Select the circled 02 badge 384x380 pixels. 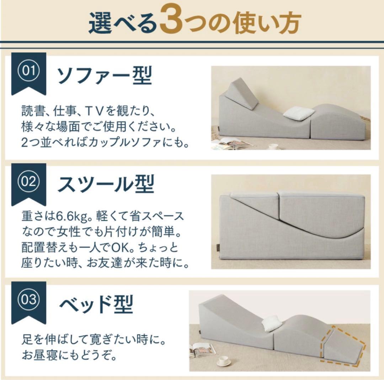pyautogui.click(x=29, y=182)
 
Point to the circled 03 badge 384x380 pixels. pyautogui.click(x=29, y=300)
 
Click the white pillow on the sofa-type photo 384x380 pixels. pyautogui.click(x=299, y=114)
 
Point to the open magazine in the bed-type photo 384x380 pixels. pyautogui.click(x=203, y=350)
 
